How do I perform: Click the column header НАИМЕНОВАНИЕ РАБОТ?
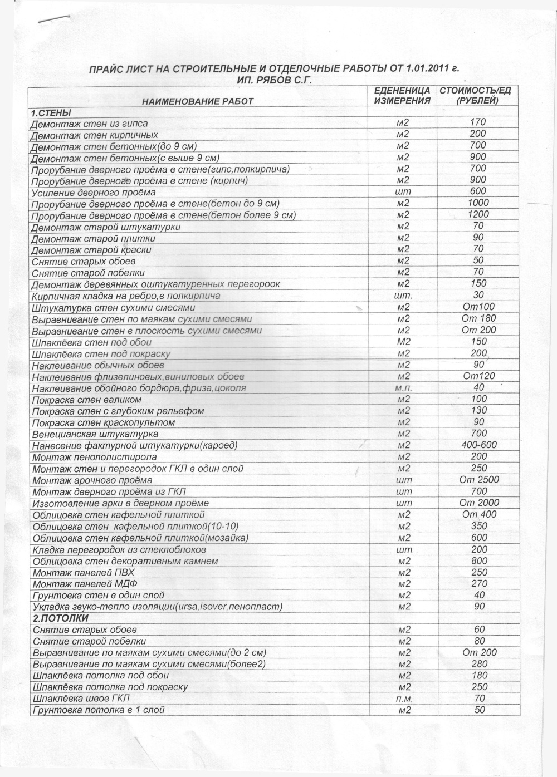point(198,101)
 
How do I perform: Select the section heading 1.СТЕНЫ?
point(51,113)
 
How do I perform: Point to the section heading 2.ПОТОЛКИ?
point(61,618)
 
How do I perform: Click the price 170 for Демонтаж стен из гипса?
point(478,122)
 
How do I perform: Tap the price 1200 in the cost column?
point(478,214)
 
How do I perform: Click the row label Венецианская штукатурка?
point(95,434)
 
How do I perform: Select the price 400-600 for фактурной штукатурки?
point(479,445)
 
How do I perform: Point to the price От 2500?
point(480,480)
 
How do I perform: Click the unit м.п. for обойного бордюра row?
point(403,388)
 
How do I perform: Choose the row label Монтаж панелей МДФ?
point(85,584)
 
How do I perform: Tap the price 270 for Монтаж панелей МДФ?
point(478,583)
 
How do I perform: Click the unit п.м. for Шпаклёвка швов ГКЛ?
point(403,699)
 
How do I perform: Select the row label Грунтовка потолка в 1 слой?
point(99,710)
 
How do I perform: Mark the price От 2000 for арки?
point(480,503)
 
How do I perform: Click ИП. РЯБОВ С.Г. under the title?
point(273,80)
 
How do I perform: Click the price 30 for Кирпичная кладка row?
point(478,295)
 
